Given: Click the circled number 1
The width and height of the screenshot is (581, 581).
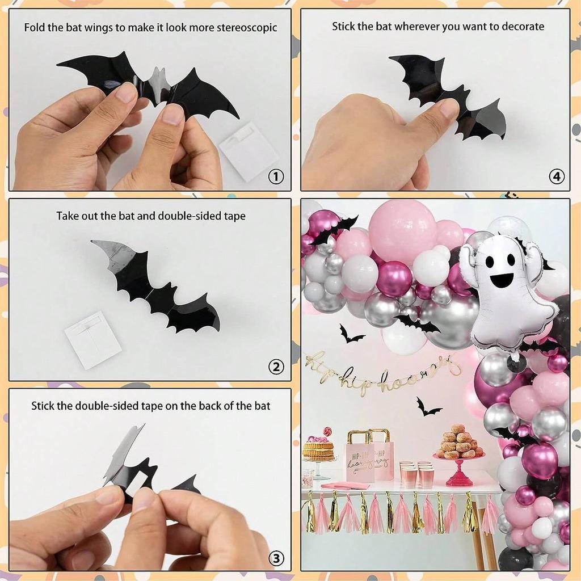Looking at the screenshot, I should pos(275,177).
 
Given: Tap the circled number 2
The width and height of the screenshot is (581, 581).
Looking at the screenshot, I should pos(275,367).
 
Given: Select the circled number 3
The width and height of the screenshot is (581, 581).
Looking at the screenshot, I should pos(275,558).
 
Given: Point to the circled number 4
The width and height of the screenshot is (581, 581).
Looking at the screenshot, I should pos(557,177).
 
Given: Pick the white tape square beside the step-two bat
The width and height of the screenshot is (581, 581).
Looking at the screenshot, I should pos(92,339).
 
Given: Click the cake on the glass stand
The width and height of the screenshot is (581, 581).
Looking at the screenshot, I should pos(318,448).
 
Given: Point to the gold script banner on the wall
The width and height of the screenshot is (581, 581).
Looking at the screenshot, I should pos(380,372).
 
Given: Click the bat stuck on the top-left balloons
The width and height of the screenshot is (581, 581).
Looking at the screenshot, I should pos(334,229).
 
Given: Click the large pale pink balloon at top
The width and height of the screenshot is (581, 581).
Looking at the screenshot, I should pos(402,230).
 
